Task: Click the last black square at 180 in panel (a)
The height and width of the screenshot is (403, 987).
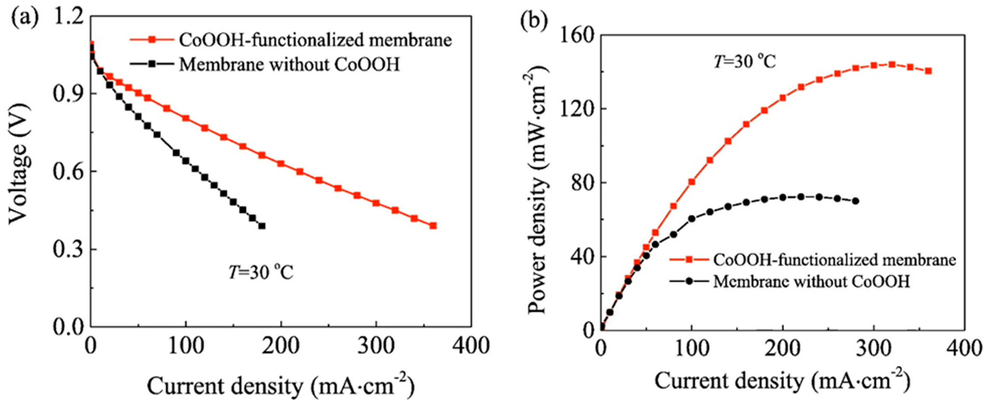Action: pyautogui.click(x=262, y=226)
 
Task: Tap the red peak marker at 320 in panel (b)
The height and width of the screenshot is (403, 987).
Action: pyautogui.click(x=892, y=65)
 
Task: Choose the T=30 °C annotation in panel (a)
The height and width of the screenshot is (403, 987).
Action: pyautogui.click(x=261, y=273)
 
